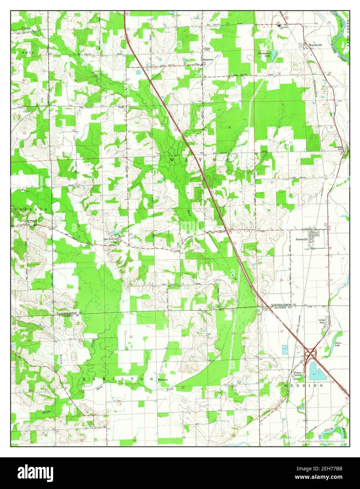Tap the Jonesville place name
coord(302,238)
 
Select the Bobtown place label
coord(163,380)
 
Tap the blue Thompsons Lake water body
coord(274,55)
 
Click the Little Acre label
coord(322,321)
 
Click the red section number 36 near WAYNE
coord(229,127)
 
